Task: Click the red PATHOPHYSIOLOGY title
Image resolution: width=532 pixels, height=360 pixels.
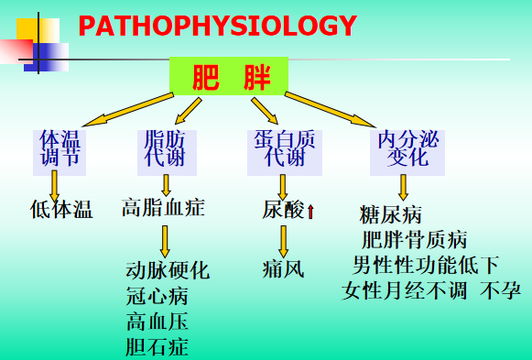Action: [x=218, y=26]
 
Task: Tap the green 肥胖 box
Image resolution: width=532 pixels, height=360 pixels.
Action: [x=229, y=76]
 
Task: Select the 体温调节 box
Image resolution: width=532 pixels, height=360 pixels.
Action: [x=60, y=153]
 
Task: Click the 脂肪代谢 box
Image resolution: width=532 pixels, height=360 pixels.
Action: [x=167, y=153]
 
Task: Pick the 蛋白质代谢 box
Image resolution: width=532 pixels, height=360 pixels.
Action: [x=285, y=153]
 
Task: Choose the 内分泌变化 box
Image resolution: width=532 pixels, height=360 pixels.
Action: [x=407, y=153]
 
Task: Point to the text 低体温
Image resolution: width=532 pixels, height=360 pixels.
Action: [x=61, y=209]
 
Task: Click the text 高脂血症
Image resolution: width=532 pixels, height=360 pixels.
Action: [x=163, y=208]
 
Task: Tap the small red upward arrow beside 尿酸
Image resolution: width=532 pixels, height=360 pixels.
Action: [x=310, y=212]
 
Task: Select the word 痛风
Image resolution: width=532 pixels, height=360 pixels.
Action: [x=283, y=269]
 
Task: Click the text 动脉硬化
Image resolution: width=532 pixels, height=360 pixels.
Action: [x=168, y=270]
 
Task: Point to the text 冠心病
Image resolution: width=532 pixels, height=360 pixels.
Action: [x=157, y=296]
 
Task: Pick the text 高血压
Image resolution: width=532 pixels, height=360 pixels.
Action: [x=157, y=322]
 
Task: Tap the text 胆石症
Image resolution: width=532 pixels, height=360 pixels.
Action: [x=157, y=347]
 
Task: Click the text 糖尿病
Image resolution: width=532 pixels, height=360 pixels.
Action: [x=390, y=214]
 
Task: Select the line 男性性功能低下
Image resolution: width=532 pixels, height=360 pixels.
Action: [x=426, y=265]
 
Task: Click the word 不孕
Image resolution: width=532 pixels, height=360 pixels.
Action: [x=500, y=290]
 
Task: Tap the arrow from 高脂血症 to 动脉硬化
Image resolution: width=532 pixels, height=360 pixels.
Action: [x=165, y=242]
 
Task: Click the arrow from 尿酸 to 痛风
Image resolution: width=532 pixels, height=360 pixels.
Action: [x=283, y=242]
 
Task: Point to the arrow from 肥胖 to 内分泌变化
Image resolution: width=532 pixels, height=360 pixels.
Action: [x=331, y=110]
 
